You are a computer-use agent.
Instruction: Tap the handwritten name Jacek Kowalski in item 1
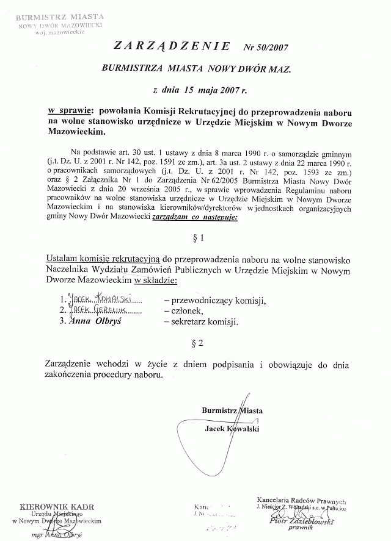coord(102,299)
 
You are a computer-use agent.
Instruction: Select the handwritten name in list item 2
coord(98,310)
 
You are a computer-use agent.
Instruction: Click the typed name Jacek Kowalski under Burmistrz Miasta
coord(233,429)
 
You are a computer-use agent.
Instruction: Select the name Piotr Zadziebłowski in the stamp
coord(301,522)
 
